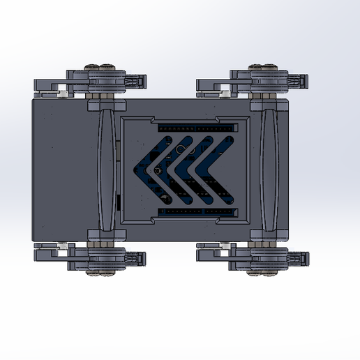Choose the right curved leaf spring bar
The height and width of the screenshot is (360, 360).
click(269, 170)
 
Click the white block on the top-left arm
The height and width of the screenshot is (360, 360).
click(63, 91)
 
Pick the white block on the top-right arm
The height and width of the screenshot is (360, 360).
click(227, 91)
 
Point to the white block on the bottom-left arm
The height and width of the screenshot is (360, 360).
click(63, 248)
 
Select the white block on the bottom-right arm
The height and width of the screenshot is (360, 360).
click(227, 248)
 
